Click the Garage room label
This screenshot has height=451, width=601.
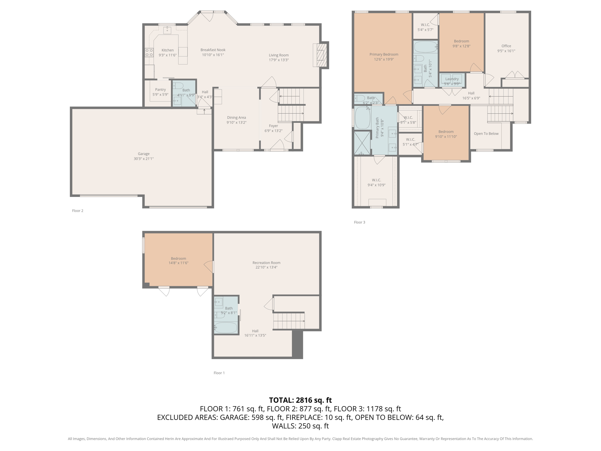[144, 154]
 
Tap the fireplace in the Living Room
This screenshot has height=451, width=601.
[320, 55]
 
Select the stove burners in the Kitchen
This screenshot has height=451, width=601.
[149, 53]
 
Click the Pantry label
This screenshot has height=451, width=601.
[161, 90]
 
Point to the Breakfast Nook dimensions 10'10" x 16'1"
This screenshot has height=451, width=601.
[213, 55]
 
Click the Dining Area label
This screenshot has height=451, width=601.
[236, 117]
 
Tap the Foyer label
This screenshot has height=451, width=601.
[274, 126]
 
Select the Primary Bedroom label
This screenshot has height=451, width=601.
[384, 54]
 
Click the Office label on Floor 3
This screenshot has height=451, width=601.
[506, 46]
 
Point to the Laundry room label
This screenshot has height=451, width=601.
[452, 79]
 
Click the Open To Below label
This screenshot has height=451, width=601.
[486, 134]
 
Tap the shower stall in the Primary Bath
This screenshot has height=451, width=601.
[362, 143]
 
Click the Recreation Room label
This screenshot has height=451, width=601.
[266, 263]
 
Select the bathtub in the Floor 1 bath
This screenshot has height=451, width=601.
[226, 327]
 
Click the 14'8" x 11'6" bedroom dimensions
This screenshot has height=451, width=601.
[178, 263]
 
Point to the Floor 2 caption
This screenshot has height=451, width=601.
[78, 211]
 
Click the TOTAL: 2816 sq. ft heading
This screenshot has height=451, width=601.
[300, 400]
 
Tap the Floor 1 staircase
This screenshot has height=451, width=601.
[289, 321]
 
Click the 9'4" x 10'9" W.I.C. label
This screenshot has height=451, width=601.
[377, 182]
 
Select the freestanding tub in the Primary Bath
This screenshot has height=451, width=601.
[363, 118]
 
